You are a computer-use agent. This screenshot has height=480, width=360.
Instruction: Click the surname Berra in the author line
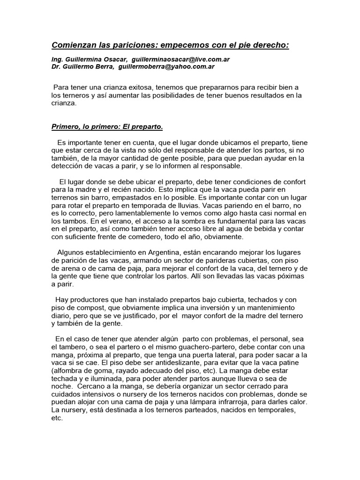click(x=105, y=67)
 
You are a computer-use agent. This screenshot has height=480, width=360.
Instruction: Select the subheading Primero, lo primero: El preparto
click(x=107, y=127)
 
